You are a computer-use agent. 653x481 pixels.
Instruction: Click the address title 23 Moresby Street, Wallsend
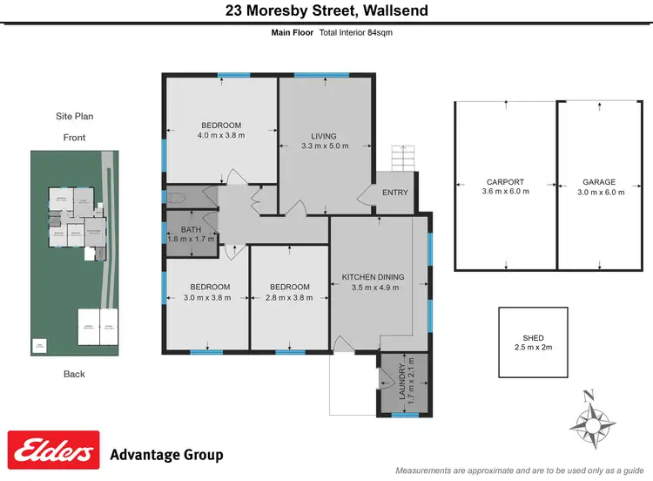point(326,11)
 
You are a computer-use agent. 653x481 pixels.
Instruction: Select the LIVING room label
point(323,136)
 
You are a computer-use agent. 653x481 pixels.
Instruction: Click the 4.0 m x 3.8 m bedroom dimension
point(221,135)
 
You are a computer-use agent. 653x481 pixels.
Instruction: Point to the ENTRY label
point(394,193)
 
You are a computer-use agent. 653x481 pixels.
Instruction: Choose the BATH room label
point(191,230)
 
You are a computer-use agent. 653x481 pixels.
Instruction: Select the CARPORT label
point(505,182)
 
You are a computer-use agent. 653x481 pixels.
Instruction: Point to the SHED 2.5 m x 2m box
point(532,342)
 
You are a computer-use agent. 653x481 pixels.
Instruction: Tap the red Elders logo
point(54,451)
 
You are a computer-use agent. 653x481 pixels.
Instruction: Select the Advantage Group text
point(166,455)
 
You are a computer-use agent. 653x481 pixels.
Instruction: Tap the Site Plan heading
point(74,116)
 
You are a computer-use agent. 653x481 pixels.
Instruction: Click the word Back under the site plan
point(74,374)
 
